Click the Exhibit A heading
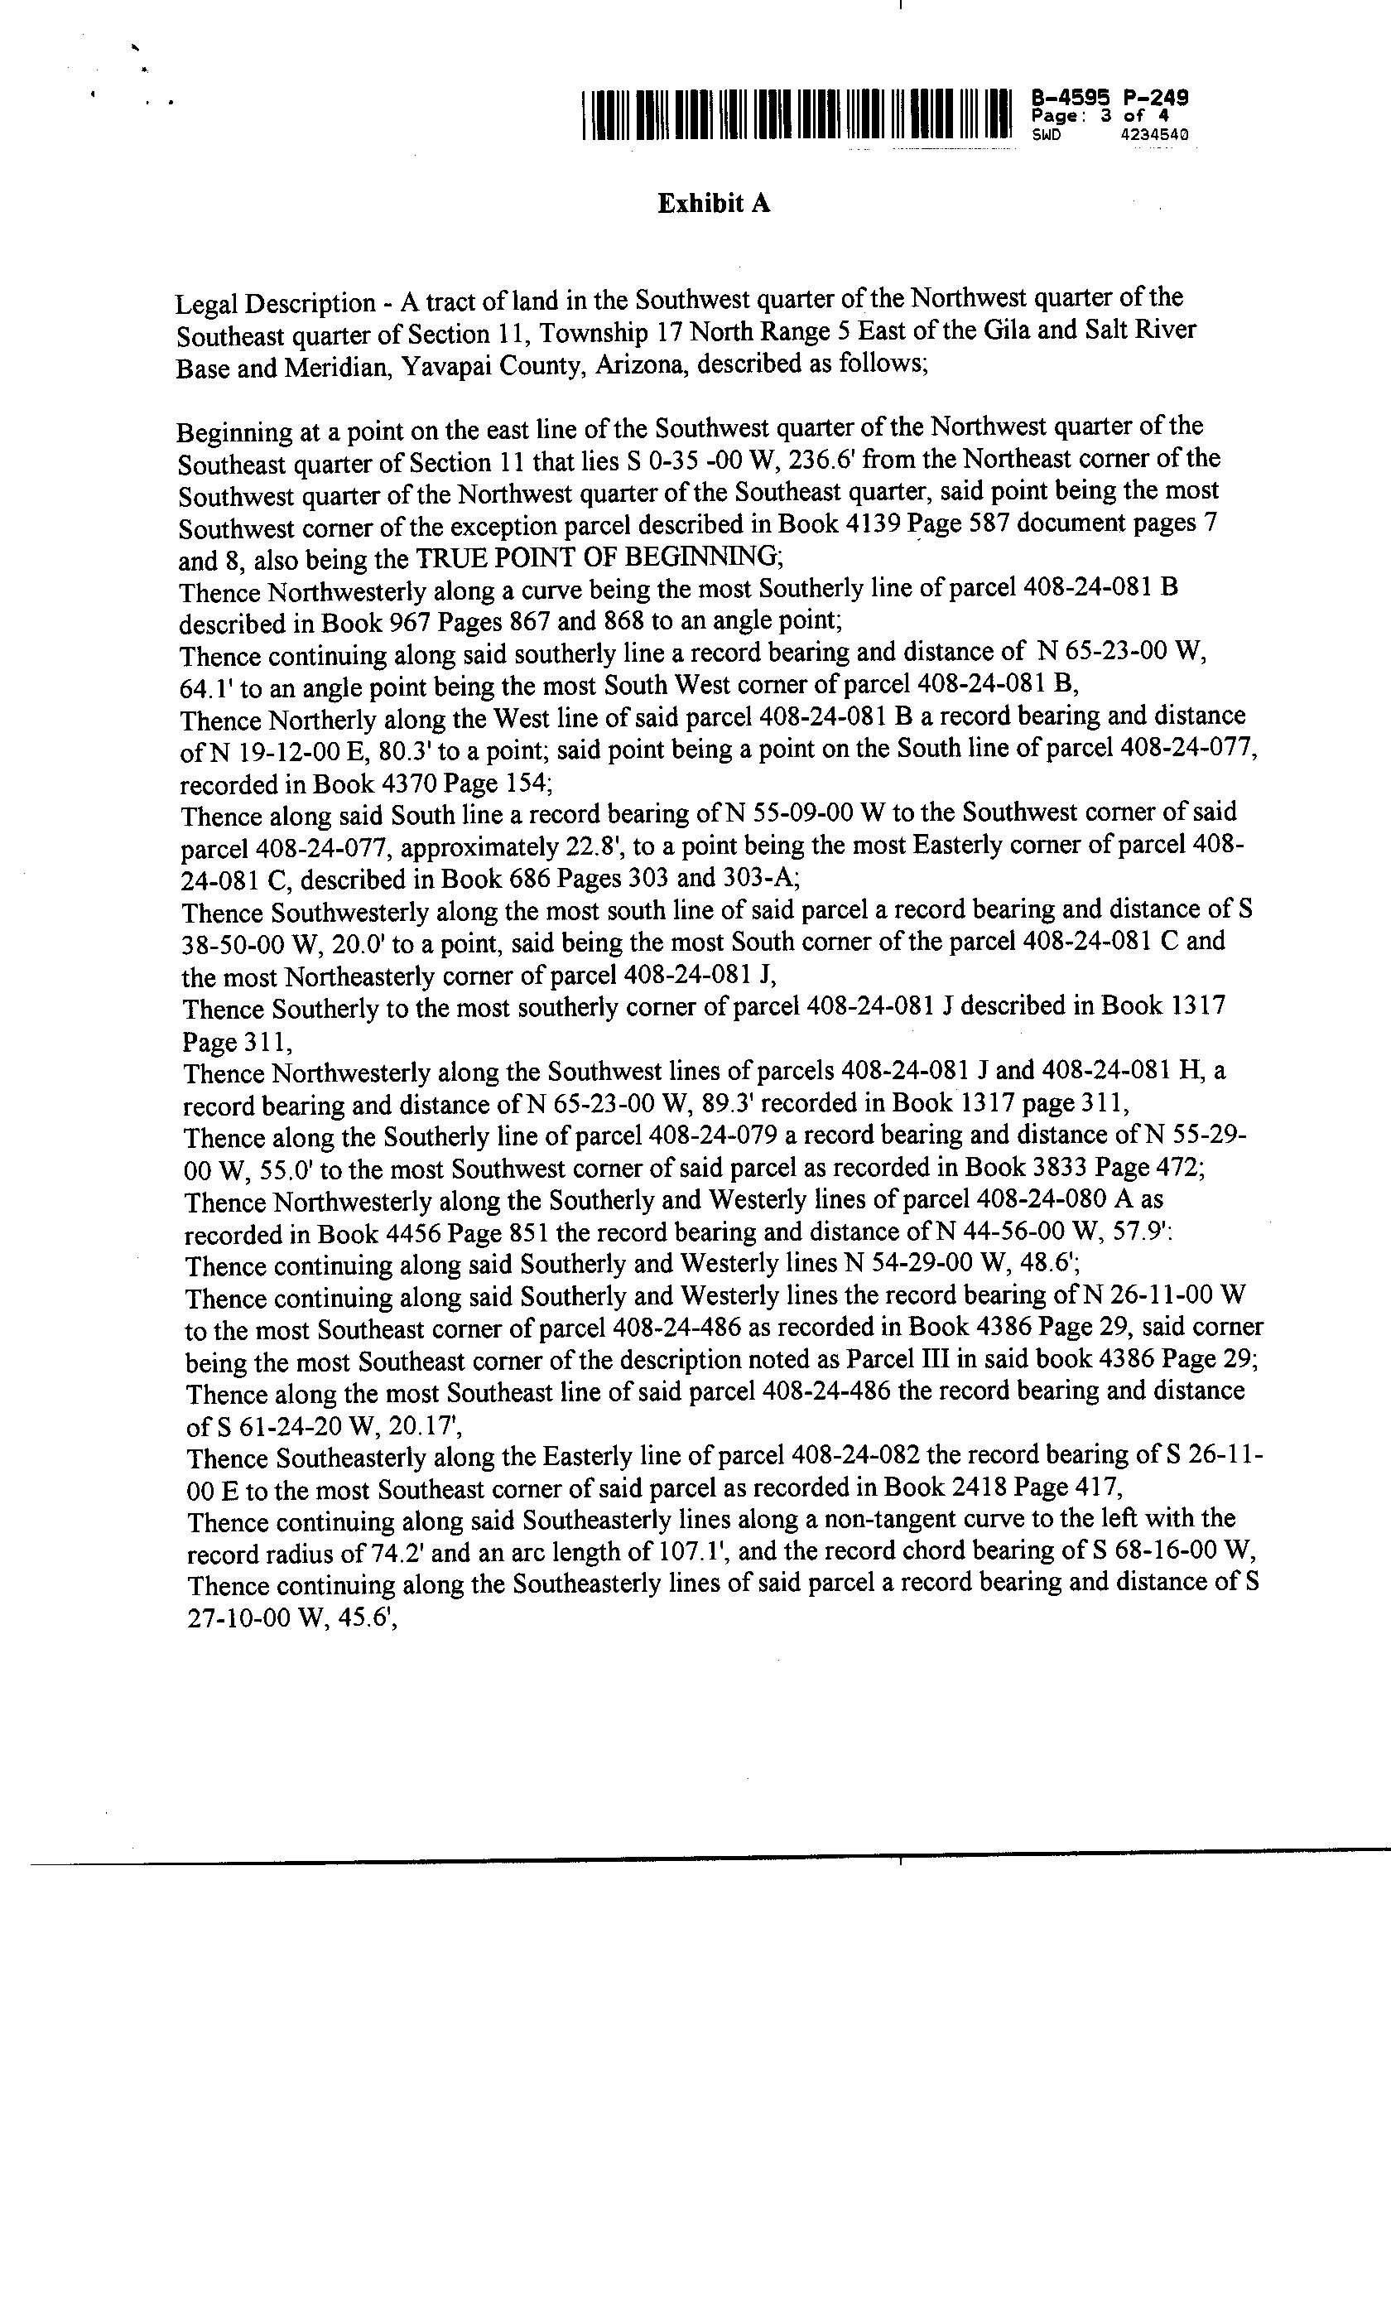click(x=714, y=204)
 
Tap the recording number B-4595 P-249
click(x=1109, y=97)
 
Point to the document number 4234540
click(x=1154, y=135)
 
